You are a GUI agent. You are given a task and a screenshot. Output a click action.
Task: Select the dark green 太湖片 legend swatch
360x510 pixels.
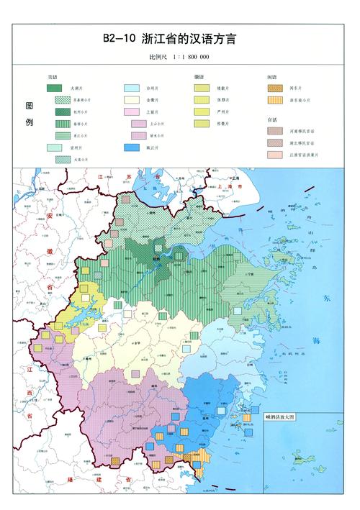[54, 88]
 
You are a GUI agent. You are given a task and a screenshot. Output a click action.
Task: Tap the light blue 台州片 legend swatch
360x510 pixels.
[130, 88]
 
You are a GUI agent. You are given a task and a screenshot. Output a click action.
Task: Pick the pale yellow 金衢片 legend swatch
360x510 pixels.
[130, 100]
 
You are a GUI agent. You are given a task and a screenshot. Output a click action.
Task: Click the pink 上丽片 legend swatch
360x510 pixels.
[130, 112]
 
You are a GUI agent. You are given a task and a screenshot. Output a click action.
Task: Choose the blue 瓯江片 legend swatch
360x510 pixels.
[130, 147]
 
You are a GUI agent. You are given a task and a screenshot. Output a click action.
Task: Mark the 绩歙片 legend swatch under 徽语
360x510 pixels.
[202, 88]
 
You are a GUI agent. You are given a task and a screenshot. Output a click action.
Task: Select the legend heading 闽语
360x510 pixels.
[271, 76]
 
